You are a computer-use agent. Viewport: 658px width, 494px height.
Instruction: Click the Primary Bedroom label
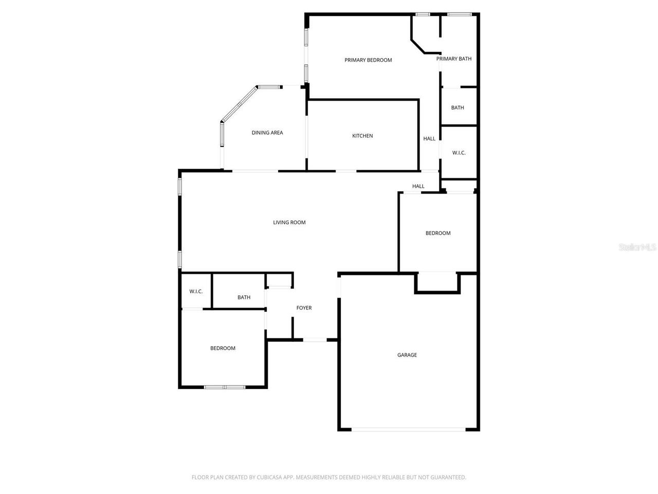368,60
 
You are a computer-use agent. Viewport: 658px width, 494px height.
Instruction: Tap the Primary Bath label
454,59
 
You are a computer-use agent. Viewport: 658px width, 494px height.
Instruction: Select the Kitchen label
362,136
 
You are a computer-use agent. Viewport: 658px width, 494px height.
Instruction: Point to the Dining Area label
267,133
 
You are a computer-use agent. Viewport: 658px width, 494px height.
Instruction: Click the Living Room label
289,222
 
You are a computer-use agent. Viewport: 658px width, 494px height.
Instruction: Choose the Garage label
407,355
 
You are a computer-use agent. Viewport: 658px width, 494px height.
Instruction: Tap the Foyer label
304,308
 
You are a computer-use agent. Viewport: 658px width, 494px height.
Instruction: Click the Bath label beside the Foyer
244,297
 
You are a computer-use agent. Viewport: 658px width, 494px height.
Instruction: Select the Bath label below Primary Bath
458,108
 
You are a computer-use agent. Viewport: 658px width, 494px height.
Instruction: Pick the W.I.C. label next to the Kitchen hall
459,153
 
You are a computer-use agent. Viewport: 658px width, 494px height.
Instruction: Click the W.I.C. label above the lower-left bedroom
196,291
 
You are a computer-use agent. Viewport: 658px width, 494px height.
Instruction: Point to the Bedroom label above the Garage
438,233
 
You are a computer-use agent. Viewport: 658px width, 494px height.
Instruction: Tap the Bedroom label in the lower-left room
223,348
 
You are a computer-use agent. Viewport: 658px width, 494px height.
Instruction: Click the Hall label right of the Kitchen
429,138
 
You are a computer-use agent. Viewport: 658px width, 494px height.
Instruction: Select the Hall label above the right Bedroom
418,186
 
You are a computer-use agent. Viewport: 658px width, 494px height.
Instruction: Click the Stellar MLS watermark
637,248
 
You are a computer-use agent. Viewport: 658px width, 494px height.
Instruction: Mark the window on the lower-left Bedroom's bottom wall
225,387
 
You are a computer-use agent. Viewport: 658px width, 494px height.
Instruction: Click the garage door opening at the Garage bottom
409,429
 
